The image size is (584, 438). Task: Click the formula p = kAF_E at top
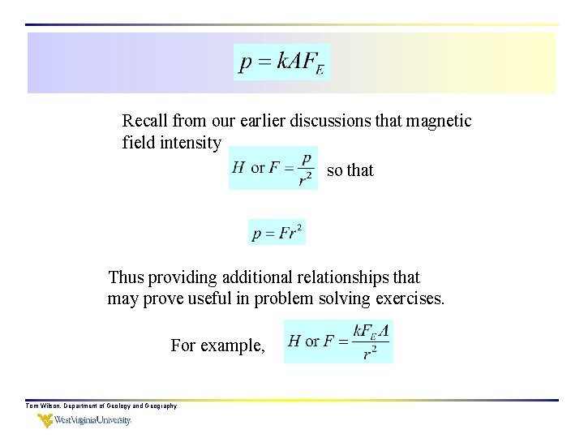click(x=281, y=62)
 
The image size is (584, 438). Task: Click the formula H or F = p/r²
click(x=273, y=169)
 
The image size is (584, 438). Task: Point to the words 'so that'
click(x=350, y=170)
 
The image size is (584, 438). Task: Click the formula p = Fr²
click(x=277, y=233)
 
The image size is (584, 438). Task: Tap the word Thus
click(x=126, y=277)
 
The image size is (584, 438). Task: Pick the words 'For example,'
click(x=217, y=346)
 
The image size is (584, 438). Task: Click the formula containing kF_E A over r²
click(x=339, y=341)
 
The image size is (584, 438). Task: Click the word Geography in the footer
click(x=161, y=406)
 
